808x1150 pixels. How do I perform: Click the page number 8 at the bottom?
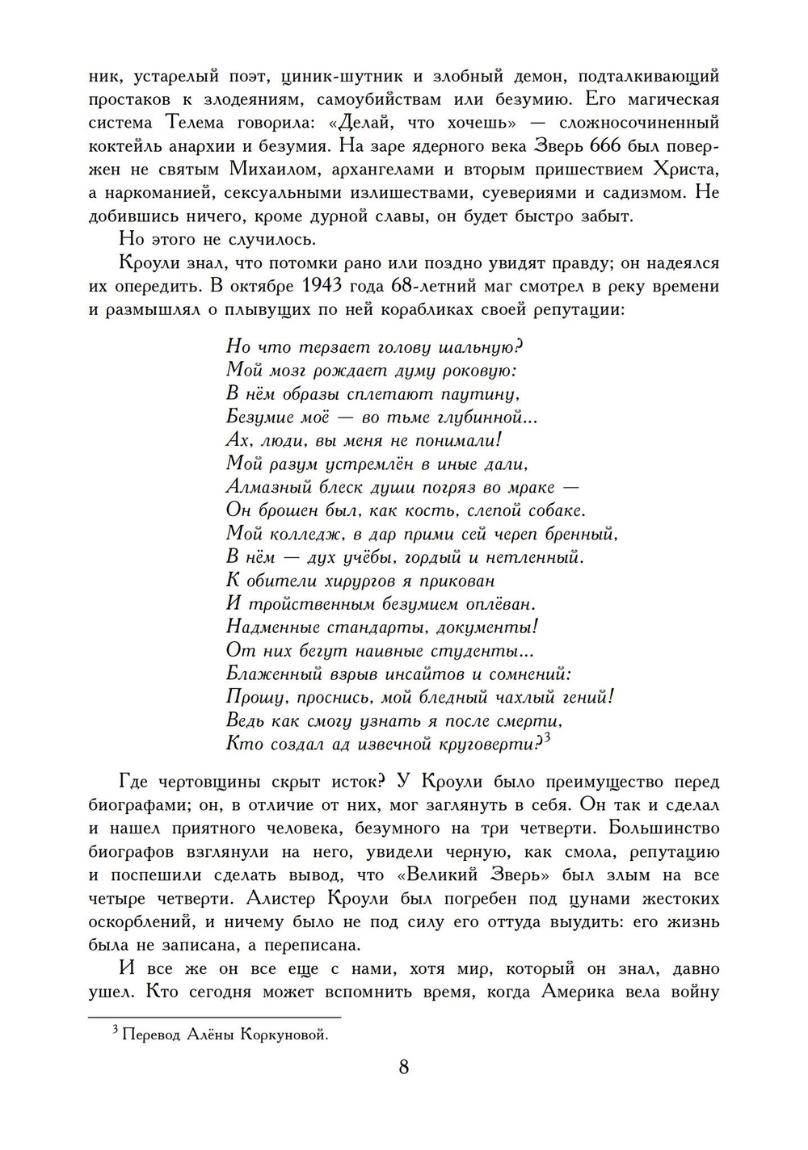(x=403, y=1067)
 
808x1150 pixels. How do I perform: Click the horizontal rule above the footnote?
(x=214, y=1017)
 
